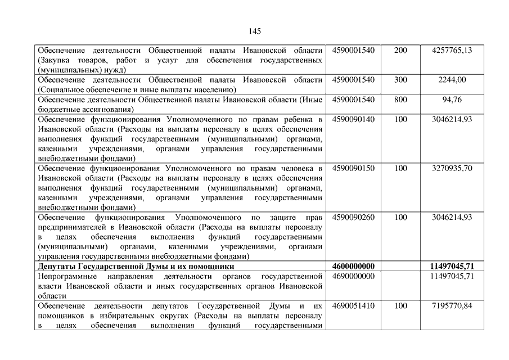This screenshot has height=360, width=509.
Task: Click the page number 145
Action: tap(254, 31)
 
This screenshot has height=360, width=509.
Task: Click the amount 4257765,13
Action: tap(451, 51)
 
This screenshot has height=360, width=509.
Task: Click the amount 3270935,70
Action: tap(452, 168)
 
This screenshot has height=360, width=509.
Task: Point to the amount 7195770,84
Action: tap(452, 305)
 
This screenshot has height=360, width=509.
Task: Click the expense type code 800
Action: tap(400, 100)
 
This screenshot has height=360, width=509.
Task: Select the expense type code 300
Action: tap(400, 80)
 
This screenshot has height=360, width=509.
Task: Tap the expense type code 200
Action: tap(400, 51)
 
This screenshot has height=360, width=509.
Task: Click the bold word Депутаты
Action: tap(56, 266)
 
